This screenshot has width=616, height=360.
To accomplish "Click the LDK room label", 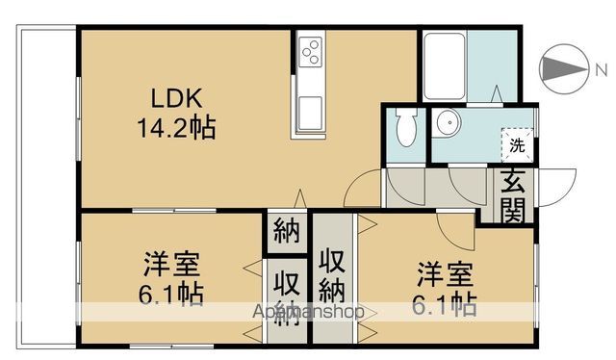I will coord(173,97).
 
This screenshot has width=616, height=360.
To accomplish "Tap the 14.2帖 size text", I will coord(173,126).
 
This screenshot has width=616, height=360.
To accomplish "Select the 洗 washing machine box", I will coord(517,145).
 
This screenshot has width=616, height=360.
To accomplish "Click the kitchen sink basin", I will coord(311,112).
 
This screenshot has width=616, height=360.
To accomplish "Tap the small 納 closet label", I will coord(284,232).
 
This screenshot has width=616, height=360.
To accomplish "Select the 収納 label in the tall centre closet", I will coord(332,274).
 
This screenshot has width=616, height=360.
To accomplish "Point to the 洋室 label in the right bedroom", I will coord(445,272).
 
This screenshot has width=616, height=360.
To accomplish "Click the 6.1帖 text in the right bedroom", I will coord(445,305).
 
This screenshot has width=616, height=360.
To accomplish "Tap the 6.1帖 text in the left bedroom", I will coord(172,294).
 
